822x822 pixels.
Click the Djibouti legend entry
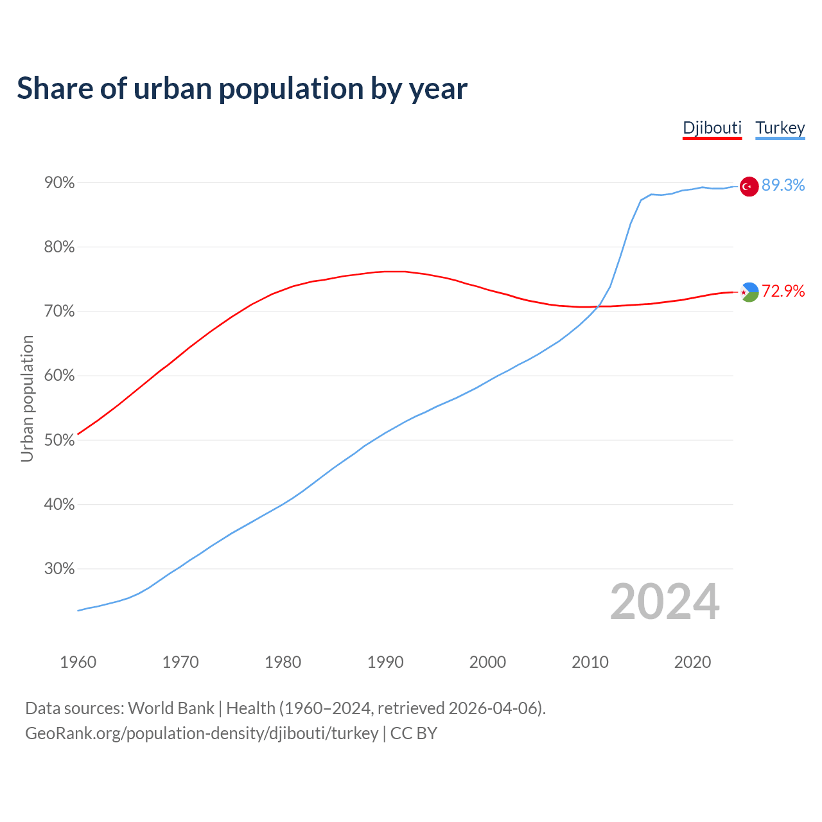click(712, 128)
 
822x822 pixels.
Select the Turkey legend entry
click(780, 128)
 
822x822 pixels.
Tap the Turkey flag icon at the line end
click(749, 186)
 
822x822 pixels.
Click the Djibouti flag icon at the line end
click(749, 292)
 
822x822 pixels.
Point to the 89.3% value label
click(783, 186)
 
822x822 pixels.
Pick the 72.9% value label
click(783, 291)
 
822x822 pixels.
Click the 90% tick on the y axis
click(60, 183)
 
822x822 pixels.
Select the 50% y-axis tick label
click(60, 441)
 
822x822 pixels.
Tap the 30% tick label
click(60, 569)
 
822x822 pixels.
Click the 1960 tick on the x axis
click(78, 662)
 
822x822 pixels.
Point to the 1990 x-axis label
click(385, 662)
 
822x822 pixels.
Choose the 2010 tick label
click(590, 662)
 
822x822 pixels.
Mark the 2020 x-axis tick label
click(692, 662)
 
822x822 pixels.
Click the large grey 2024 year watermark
click(665, 602)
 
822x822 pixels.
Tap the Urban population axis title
click(27, 398)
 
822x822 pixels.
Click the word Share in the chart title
click(55, 89)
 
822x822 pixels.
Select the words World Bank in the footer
click(171, 708)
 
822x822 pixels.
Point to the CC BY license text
click(414, 733)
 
